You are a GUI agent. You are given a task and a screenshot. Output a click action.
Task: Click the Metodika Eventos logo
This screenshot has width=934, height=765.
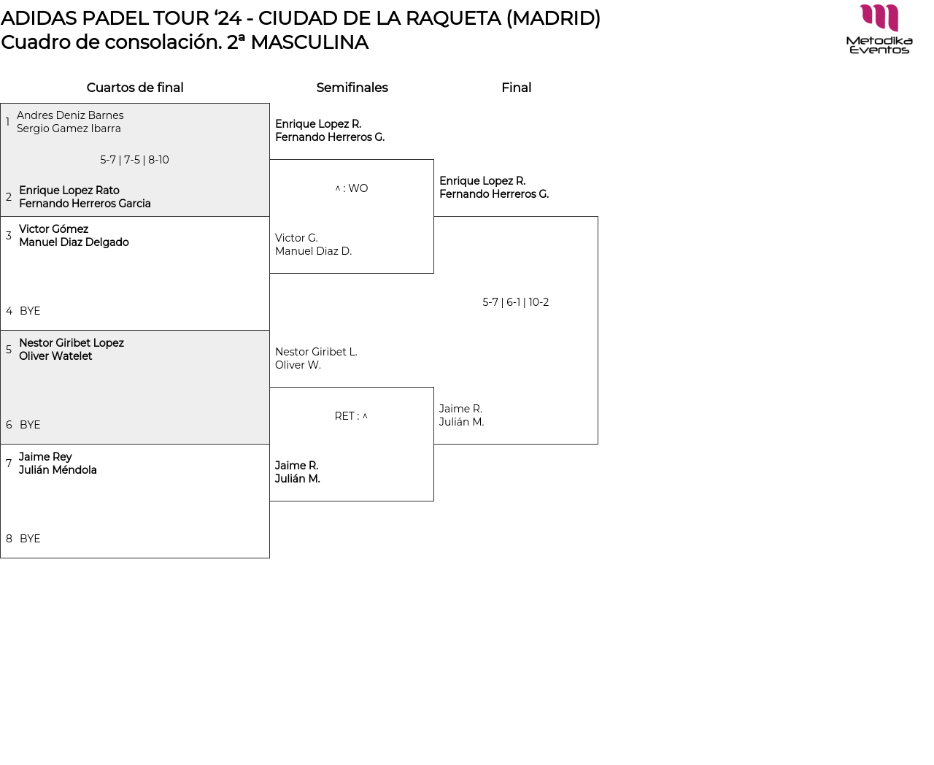(879, 29)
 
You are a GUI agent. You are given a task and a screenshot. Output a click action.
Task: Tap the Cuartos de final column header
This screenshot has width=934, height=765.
(135, 88)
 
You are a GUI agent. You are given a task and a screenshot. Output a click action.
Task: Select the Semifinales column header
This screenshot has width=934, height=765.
(352, 88)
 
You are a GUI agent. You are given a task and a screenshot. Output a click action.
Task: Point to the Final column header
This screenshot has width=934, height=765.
(516, 88)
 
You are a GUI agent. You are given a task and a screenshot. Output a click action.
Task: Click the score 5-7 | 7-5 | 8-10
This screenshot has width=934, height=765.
(134, 160)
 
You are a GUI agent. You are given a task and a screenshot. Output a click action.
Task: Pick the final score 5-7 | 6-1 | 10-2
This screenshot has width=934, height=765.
(515, 302)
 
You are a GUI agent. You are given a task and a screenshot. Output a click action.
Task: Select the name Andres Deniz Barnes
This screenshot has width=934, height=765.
(70, 115)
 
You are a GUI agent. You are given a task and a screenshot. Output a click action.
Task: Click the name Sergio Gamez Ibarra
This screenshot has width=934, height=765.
(69, 128)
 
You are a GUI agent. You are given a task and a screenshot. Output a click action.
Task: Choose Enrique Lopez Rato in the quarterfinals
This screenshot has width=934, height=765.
(69, 191)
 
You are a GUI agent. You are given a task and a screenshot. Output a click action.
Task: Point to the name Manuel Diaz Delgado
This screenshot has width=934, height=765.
(74, 242)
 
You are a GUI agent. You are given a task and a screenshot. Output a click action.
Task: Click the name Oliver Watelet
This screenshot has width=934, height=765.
(55, 356)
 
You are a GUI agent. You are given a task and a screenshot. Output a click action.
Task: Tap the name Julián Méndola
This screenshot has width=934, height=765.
(58, 470)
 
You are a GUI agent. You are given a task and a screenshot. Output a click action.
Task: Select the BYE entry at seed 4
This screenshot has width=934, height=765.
(30, 311)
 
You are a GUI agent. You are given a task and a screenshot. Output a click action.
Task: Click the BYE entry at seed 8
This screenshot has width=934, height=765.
(30, 539)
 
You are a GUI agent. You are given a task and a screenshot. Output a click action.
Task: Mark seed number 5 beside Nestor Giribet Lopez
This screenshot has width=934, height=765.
(9, 350)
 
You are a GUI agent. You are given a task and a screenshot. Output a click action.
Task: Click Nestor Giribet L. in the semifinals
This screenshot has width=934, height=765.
(316, 352)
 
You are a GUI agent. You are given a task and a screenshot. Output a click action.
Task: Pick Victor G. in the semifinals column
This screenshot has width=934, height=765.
(296, 238)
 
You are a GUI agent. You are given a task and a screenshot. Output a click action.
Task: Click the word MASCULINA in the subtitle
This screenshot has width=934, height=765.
(309, 42)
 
